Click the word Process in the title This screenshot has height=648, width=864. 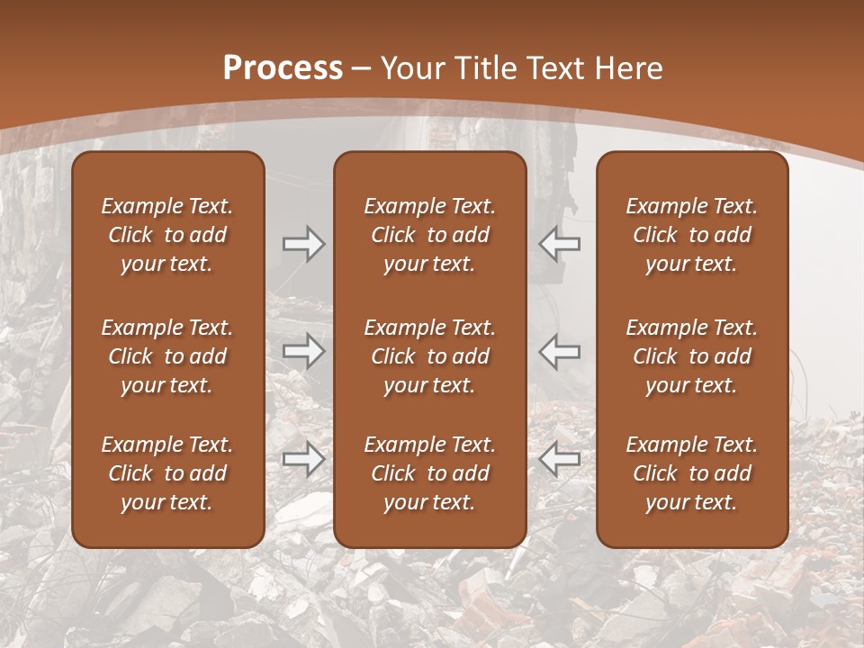[x=283, y=68]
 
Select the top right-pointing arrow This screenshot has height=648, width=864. [x=303, y=244]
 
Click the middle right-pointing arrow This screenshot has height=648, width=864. [x=303, y=351]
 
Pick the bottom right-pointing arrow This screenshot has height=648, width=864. [x=303, y=459]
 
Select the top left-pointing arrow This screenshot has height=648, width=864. [x=560, y=244]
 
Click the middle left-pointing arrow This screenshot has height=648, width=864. [x=560, y=351]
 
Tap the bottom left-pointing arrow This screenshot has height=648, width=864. [x=560, y=459]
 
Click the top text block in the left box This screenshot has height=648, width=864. [x=167, y=235]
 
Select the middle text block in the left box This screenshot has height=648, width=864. [x=167, y=356]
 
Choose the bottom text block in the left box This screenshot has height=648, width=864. [x=167, y=473]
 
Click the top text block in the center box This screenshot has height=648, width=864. [x=430, y=235]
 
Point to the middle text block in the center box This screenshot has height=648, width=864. [x=430, y=356]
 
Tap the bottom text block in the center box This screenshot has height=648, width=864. [x=430, y=473]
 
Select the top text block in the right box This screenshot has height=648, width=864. [x=692, y=235]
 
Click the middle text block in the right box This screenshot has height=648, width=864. [x=692, y=356]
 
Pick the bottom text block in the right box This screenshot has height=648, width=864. [x=692, y=473]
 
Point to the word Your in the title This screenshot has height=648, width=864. [x=409, y=68]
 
